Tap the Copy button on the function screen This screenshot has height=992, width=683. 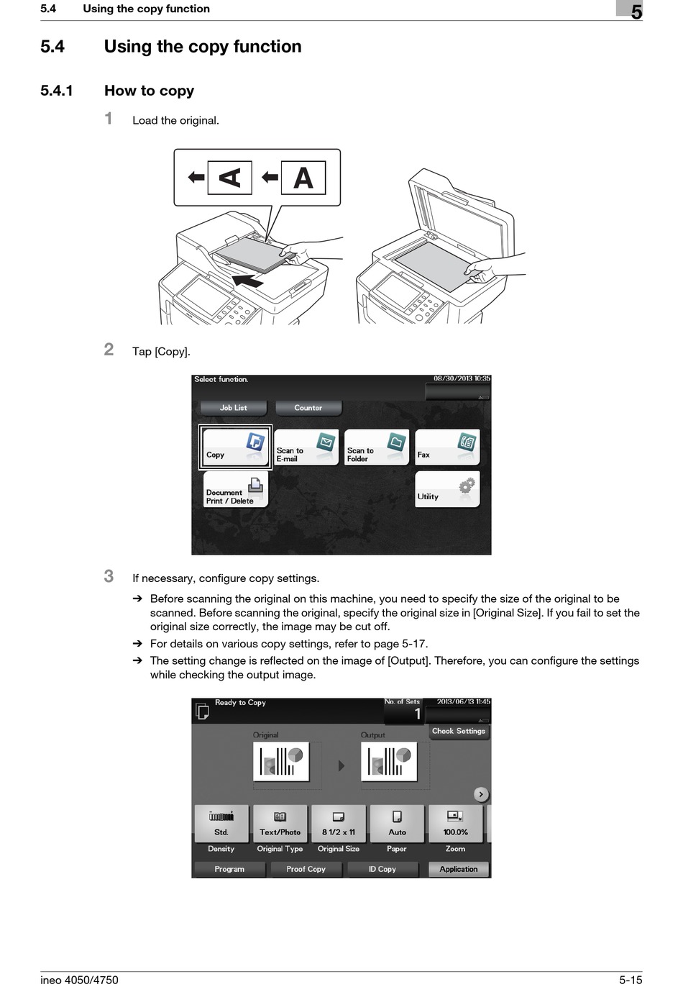(x=235, y=447)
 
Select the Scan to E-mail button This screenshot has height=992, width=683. (x=306, y=447)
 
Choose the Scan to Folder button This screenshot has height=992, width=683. (x=376, y=447)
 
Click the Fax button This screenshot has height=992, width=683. (x=447, y=447)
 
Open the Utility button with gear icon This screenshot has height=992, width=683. (x=447, y=490)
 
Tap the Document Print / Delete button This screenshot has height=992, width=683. (x=235, y=490)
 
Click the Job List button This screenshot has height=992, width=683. (x=233, y=408)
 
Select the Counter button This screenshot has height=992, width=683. (x=308, y=408)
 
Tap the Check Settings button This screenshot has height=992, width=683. (x=459, y=732)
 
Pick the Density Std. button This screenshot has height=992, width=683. (x=221, y=824)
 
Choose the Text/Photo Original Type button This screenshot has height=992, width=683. (x=280, y=824)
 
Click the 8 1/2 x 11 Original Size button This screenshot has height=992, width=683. (x=339, y=824)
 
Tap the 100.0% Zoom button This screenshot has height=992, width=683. (x=455, y=824)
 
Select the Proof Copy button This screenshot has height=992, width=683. (x=306, y=869)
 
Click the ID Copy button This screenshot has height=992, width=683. (x=382, y=869)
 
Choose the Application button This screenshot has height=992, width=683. (x=459, y=869)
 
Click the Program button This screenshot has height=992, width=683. (x=229, y=869)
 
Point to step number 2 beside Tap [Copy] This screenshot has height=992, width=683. (x=109, y=350)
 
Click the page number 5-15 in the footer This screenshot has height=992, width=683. (x=630, y=980)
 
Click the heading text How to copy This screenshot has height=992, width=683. (x=149, y=91)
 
